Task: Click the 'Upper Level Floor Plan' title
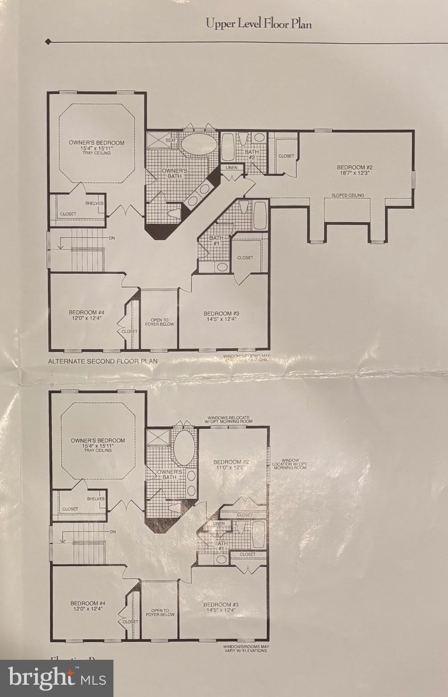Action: pos(259,24)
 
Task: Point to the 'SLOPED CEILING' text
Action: pos(347,195)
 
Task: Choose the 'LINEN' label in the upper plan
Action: pos(231,168)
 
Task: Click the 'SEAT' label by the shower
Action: pos(171,140)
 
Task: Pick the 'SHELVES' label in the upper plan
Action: pos(94,203)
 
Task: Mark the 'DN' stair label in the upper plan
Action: pos(112,238)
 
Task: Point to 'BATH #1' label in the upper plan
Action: pos(216,241)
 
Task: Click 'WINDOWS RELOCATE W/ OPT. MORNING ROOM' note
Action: pos(229,419)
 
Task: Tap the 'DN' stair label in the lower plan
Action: pos(113,531)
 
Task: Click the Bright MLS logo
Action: pos(57,678)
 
